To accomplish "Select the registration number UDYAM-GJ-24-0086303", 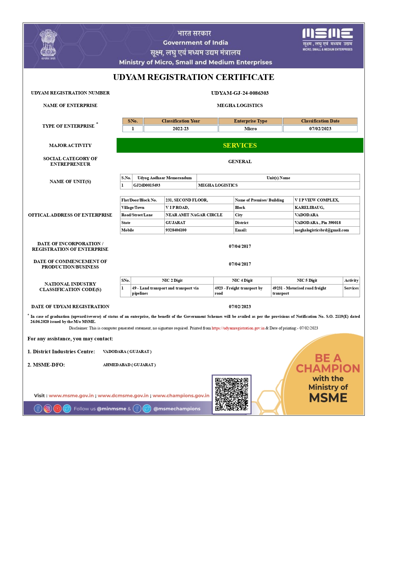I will [x=240, y=93].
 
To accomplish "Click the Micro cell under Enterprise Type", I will [x=251, y=129].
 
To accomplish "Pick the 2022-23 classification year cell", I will [x=180, y=129].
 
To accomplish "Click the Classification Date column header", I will [x=320, y=121].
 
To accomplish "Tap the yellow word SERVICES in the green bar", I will [x=240, y=145].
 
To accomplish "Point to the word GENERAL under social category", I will [x=240, y=161].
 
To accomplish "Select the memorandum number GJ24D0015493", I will [x=147, y=185].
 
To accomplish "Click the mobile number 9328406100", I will [x=176, y=230].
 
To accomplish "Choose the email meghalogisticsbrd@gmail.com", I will [x=322, y=230].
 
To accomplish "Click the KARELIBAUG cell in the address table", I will [x=309, y=208].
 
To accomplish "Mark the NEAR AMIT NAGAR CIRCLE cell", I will [x=194, y=215].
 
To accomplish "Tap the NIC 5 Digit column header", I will [x=307, y=280].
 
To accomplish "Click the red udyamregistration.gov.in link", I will [x=238, y=328].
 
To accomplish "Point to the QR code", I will [x=231, y=394].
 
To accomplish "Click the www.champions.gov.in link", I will [x=181, y=395].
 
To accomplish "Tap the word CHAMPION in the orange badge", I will [x=328, y=368].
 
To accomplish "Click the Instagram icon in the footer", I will [x=48, y=409].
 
